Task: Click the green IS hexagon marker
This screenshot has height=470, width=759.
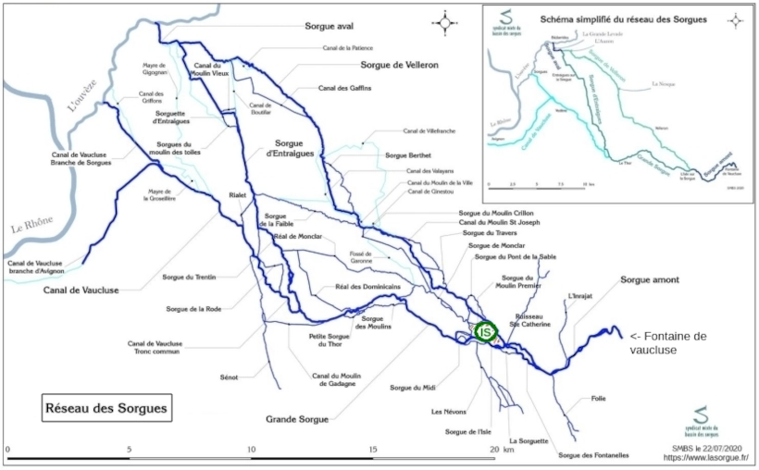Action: pyautogui.click(x=485, y=330)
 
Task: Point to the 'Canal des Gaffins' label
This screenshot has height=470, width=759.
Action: pyautogui.click(x=345, y=88)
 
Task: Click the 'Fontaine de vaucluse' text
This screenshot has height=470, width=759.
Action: pyautogui.click(x=667, y=343)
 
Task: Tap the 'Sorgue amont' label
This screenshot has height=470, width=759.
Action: pyautogui.click(x=650, y=279)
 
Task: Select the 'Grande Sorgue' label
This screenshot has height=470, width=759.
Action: pyautogui.click(x=297, y=419)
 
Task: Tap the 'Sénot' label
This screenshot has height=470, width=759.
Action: pyautogui.click(x=230, y=377)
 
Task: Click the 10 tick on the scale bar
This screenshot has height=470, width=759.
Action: pyautogui.click(x=252, y=449)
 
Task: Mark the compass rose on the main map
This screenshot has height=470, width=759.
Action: pyautogui.click(x=447, y=21)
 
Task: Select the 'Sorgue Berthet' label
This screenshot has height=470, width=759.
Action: pyautogui.click(x=410, y=156)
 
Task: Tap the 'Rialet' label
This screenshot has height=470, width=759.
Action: pyautogui.click(x=241, y=196)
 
